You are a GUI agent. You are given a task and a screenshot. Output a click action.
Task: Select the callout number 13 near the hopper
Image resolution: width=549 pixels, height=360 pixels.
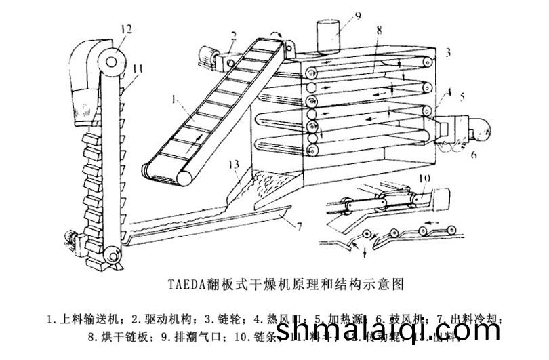point(235,165)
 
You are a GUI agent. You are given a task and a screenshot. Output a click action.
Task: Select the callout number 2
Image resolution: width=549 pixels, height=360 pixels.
point(233,35)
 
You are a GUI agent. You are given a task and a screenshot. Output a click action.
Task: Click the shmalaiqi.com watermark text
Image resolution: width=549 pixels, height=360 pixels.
point(376,332)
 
